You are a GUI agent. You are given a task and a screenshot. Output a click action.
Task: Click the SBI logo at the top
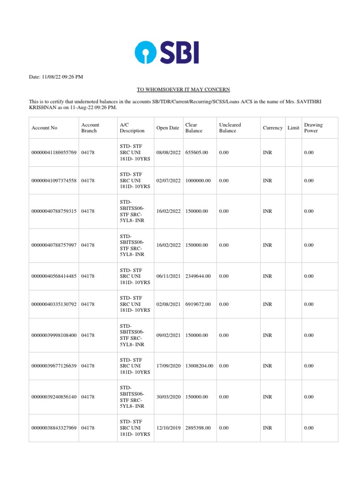167,52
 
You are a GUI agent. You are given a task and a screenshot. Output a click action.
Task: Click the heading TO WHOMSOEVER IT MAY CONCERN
183,89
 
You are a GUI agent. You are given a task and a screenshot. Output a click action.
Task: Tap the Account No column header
44,128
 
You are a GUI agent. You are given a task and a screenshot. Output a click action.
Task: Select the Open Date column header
168,128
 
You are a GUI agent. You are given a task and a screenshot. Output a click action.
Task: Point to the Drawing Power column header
313,128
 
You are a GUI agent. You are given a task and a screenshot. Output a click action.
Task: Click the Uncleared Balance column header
230,128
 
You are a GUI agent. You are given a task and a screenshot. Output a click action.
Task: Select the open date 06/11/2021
168,276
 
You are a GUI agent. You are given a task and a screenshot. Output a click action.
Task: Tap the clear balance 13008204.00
200,366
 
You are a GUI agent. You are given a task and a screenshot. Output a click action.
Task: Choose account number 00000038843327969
54,428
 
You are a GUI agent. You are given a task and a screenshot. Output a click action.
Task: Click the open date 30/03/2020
168,397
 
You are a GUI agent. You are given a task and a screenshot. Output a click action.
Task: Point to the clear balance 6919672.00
198,304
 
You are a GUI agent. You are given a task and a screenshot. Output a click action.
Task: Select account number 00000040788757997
54,245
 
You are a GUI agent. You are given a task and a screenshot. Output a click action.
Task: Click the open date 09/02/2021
168,335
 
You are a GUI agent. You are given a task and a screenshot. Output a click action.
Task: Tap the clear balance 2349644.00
198,276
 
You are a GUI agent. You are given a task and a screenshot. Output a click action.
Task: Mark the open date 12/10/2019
168,428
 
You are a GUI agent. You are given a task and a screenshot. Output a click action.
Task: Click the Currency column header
272,128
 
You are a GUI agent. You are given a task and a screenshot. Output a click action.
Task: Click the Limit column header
293,128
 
